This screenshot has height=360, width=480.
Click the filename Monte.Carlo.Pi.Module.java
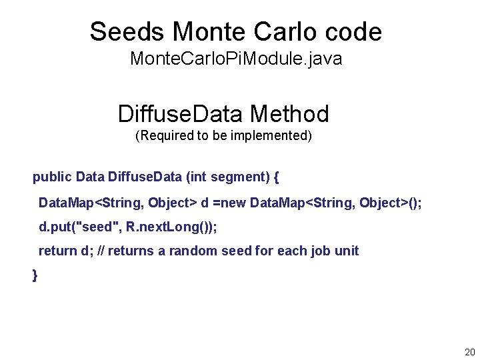coord(236,59)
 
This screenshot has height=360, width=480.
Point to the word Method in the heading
coord(291,114)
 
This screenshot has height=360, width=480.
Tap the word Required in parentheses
coord(163,137)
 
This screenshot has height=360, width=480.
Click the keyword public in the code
coord(53,177)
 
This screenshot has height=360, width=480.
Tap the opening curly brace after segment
coord(277,177)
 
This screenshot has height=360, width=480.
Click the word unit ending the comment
coord(347,251)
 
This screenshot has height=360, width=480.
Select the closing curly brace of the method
coord(35,275)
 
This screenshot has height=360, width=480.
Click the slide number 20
coord(469,351)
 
